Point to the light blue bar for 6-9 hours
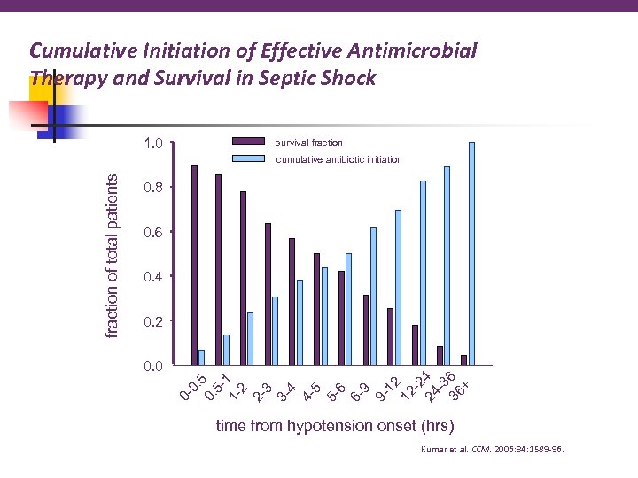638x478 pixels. [x=373, y=296]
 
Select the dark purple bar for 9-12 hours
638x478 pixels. [x=390, y=335]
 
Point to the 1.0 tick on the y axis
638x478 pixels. [x=152, y=143]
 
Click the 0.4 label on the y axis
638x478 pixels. [x=152, y=277]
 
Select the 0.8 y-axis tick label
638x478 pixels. [x=152, y=188]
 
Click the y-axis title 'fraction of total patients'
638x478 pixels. [x=112, y=254]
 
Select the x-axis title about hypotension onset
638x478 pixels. [x=335, y=426]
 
